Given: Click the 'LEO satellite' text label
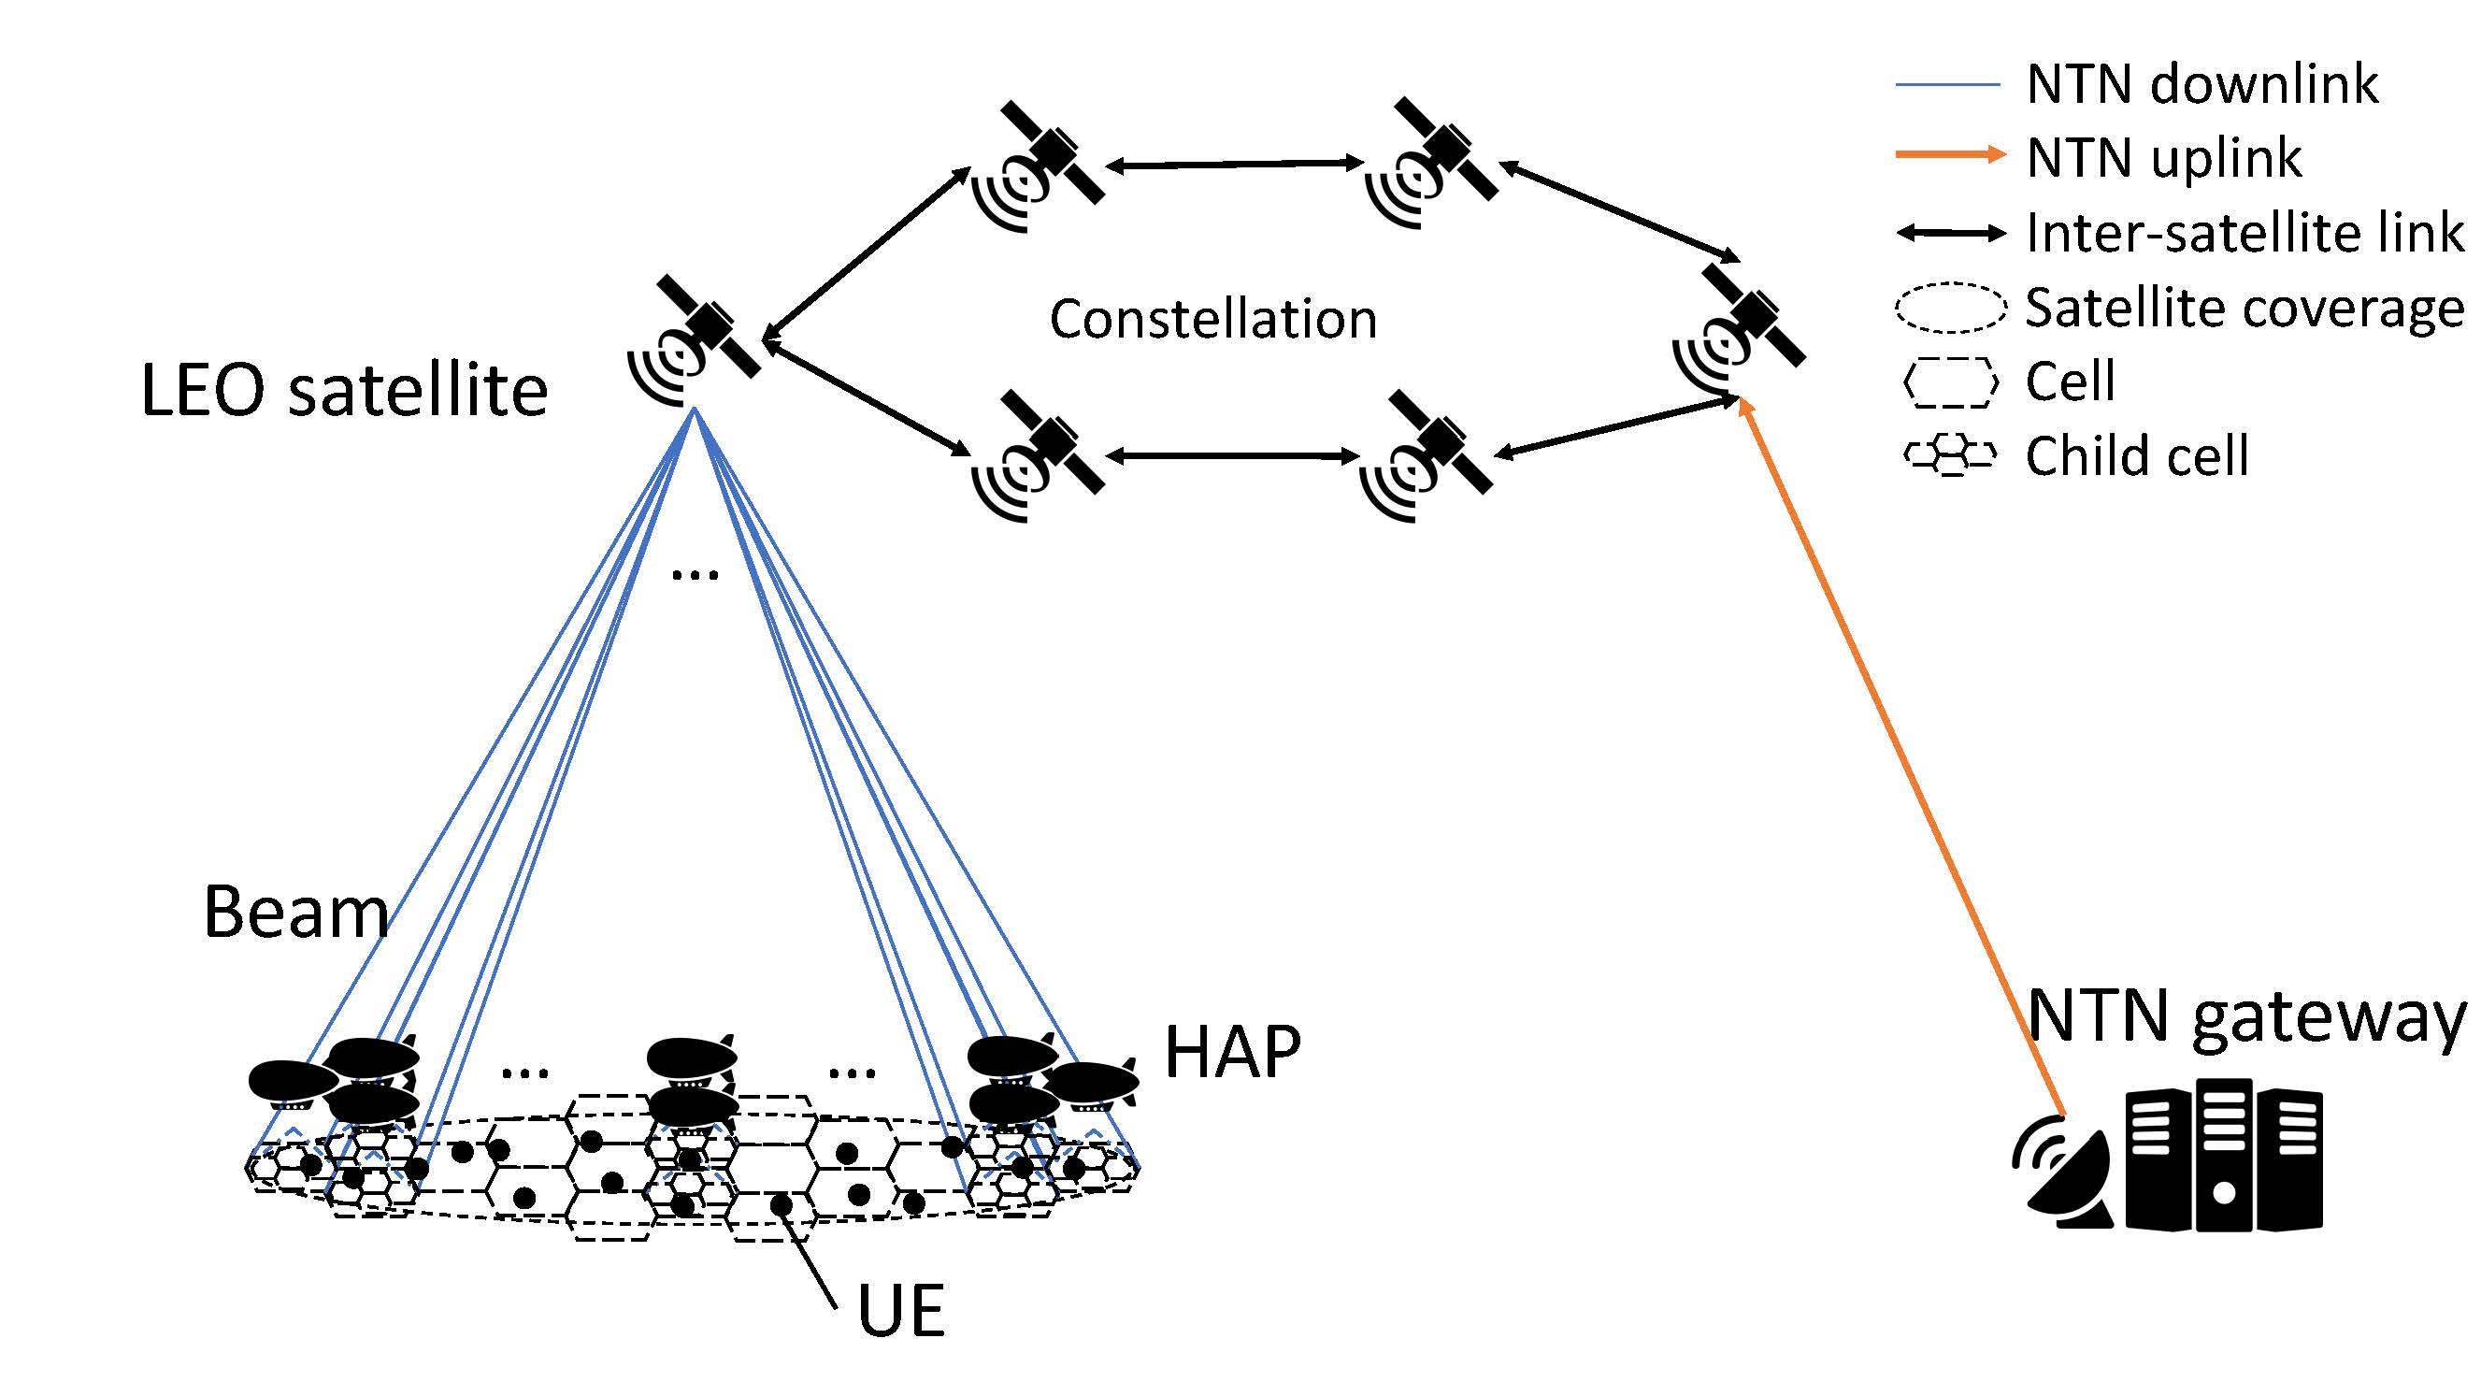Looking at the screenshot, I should [344, 391].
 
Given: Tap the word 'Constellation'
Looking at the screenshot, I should [1212, 320].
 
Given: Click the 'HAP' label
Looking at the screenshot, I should [1232, 1051].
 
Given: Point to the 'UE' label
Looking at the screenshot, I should [900, 1311].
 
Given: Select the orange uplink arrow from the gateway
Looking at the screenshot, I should [1902, 761].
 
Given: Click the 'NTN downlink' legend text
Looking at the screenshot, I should [2201, 85].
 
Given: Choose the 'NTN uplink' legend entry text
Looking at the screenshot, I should [2163, 158].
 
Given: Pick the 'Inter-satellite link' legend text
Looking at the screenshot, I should [2244, 233].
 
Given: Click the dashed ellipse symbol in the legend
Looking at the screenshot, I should [1950, 308].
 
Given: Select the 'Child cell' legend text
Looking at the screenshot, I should [2136, 455].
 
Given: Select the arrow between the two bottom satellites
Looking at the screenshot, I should [1233, 455].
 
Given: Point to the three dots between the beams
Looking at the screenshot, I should [695, 576].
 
